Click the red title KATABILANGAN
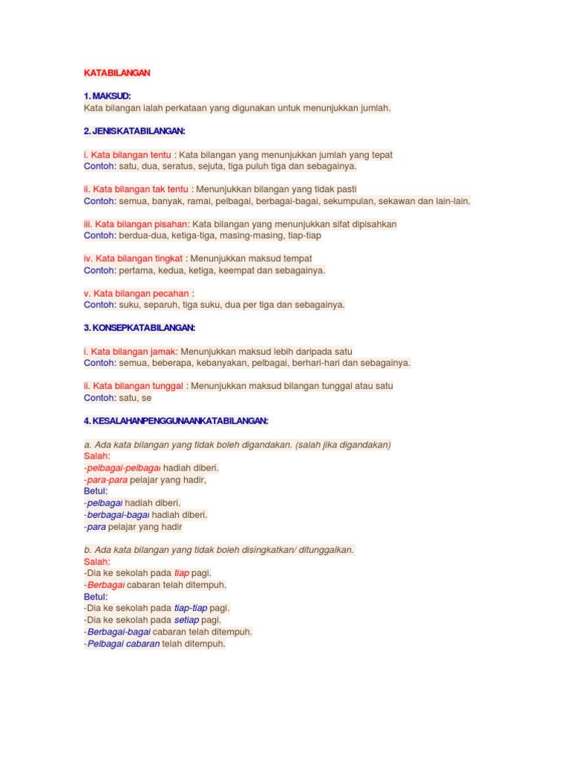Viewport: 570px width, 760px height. (x=117, y=73)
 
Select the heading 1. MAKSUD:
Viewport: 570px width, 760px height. (x=107, y=96)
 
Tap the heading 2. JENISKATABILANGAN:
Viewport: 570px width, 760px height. (x=134, y=131)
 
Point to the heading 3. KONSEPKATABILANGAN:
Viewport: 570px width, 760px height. (x=140, y=327)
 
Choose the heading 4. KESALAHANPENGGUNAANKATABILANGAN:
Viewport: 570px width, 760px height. (x=176, y=421)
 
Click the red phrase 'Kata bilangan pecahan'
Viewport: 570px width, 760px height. (x=138, y=293)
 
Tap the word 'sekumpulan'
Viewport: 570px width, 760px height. (x=348, y=201)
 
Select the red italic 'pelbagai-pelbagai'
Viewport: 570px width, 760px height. (x=124, y=468)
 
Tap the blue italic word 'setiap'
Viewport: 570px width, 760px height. (x=187, y=620)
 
